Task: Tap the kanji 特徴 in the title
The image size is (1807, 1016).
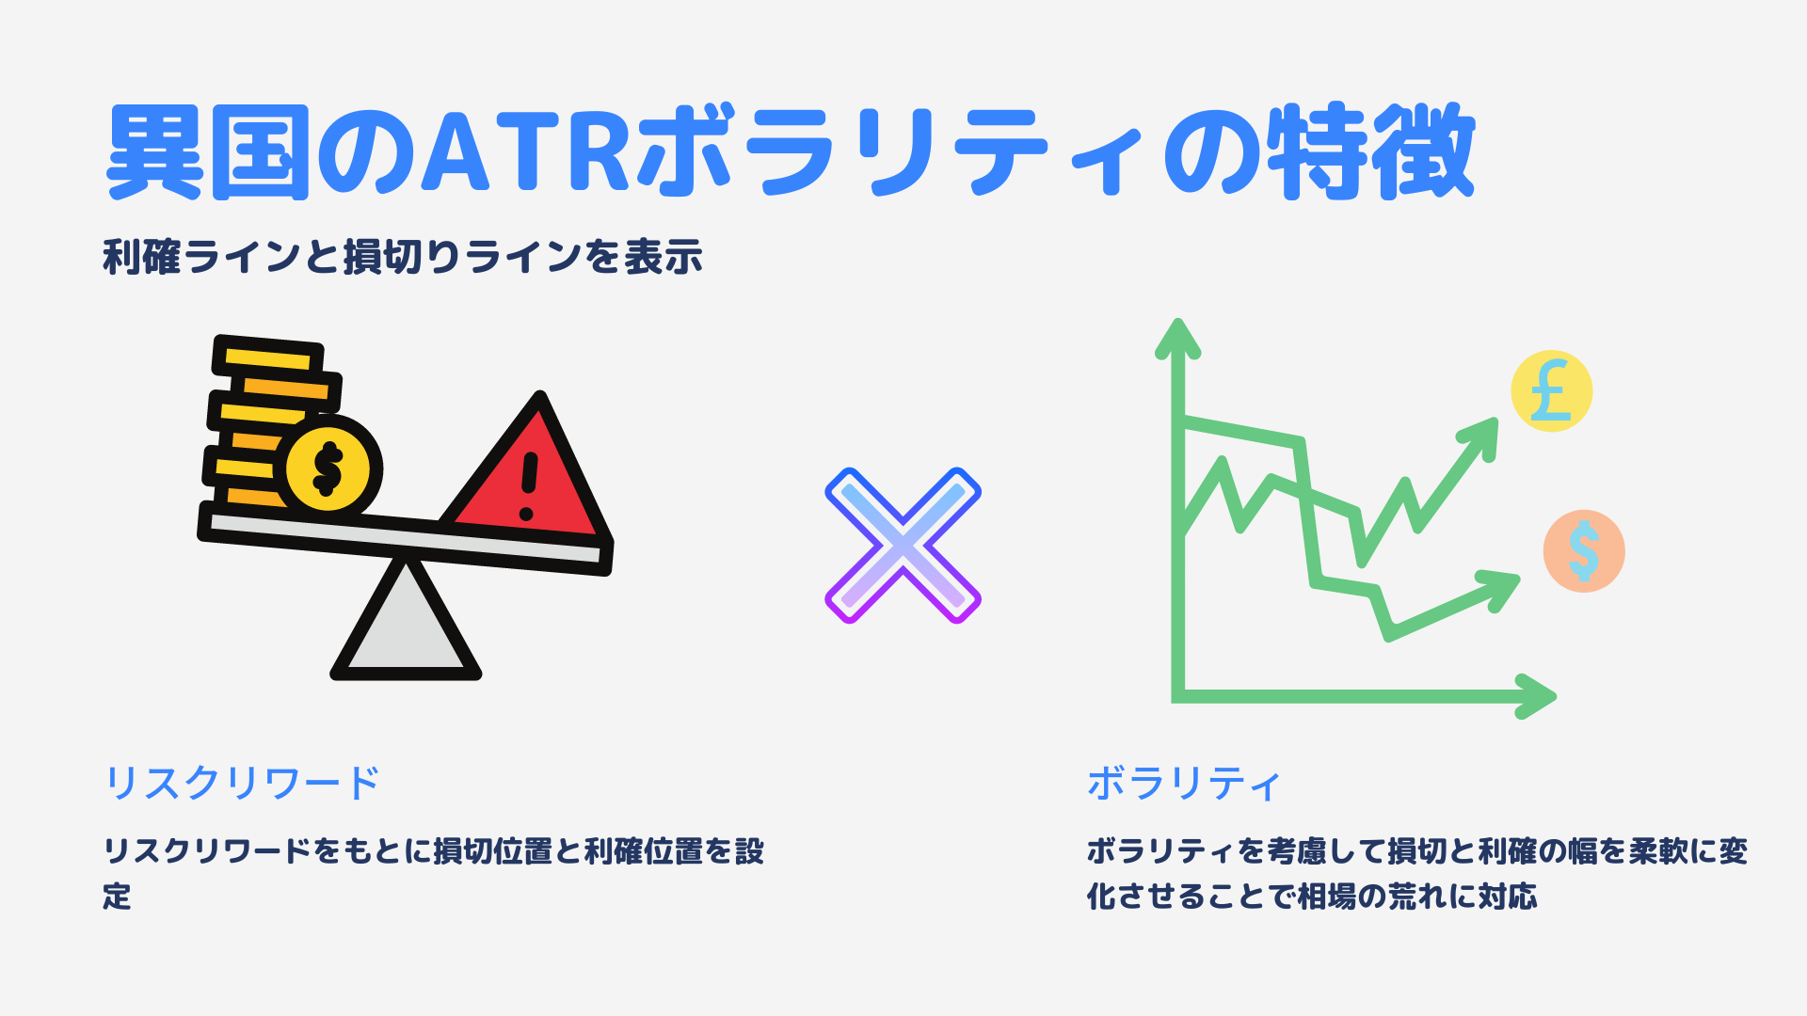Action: coord(1370,151)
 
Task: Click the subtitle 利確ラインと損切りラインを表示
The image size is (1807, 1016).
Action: coord(403,257)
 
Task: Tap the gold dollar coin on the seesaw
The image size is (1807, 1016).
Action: coord(328,468)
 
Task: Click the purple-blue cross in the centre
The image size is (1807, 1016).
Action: coord(903,546)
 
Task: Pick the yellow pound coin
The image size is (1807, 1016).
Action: coord(1551,391)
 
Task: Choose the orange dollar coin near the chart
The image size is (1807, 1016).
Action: coord(1584,551)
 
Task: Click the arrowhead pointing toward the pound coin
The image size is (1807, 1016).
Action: coord(1479,437)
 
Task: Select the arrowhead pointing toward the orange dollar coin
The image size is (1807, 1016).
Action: coord(1498,588)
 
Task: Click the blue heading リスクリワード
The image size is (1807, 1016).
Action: coord(242,783)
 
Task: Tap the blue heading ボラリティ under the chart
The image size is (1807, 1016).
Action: coord(1184,783)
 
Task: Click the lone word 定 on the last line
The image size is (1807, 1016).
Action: coord(117,896)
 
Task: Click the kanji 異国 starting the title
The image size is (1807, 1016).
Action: coord(208,151)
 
